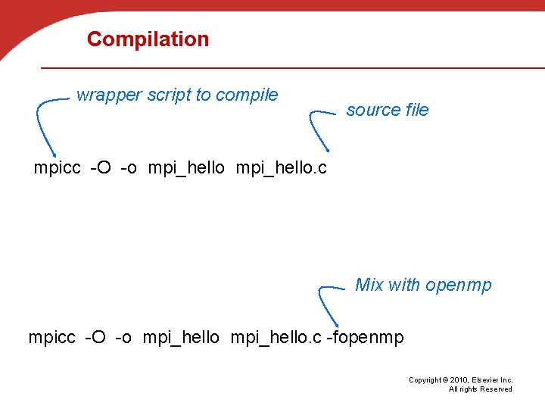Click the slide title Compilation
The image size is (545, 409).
click(x=148, y=39)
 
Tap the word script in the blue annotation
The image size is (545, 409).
click(x=170, y=95)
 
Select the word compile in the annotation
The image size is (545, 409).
click(x=247, y=95)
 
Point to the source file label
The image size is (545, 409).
click(x=388, y=111)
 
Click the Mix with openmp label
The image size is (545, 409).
click(x=423, y=286)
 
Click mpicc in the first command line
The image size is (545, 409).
click(x=57, y=168)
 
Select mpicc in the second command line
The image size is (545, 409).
click(x=51, y=337)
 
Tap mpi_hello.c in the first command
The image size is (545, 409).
click(x=282, y=168)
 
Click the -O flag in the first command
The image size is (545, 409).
click(x=101, y=168)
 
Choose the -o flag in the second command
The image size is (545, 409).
click(x=126, y=337)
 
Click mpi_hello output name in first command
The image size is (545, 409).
click(x=186, y=168)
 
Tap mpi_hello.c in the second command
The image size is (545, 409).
click(x=276, y=337)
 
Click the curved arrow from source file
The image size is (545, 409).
click(x=316, y=129)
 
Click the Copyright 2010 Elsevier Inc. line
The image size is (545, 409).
click(x=460, y=380)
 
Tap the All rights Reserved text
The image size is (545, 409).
click(x=480, y=389)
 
